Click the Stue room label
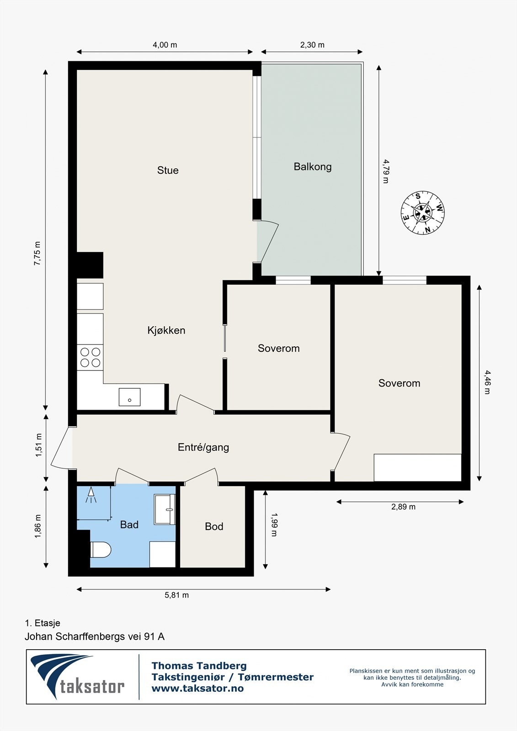168,170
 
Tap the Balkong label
313,167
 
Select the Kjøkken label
166,330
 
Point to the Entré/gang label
203,447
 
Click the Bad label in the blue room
129,524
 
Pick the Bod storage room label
214,526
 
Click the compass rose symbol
423,213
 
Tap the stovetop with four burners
90,357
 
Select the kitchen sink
129,397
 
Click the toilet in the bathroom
101,550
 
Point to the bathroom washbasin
165,509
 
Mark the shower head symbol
91,495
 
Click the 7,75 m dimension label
37,253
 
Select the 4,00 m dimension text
165,45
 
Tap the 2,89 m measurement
403,507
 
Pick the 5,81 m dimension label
177,595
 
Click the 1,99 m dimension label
274,525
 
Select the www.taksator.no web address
197,689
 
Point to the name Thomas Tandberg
199,666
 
